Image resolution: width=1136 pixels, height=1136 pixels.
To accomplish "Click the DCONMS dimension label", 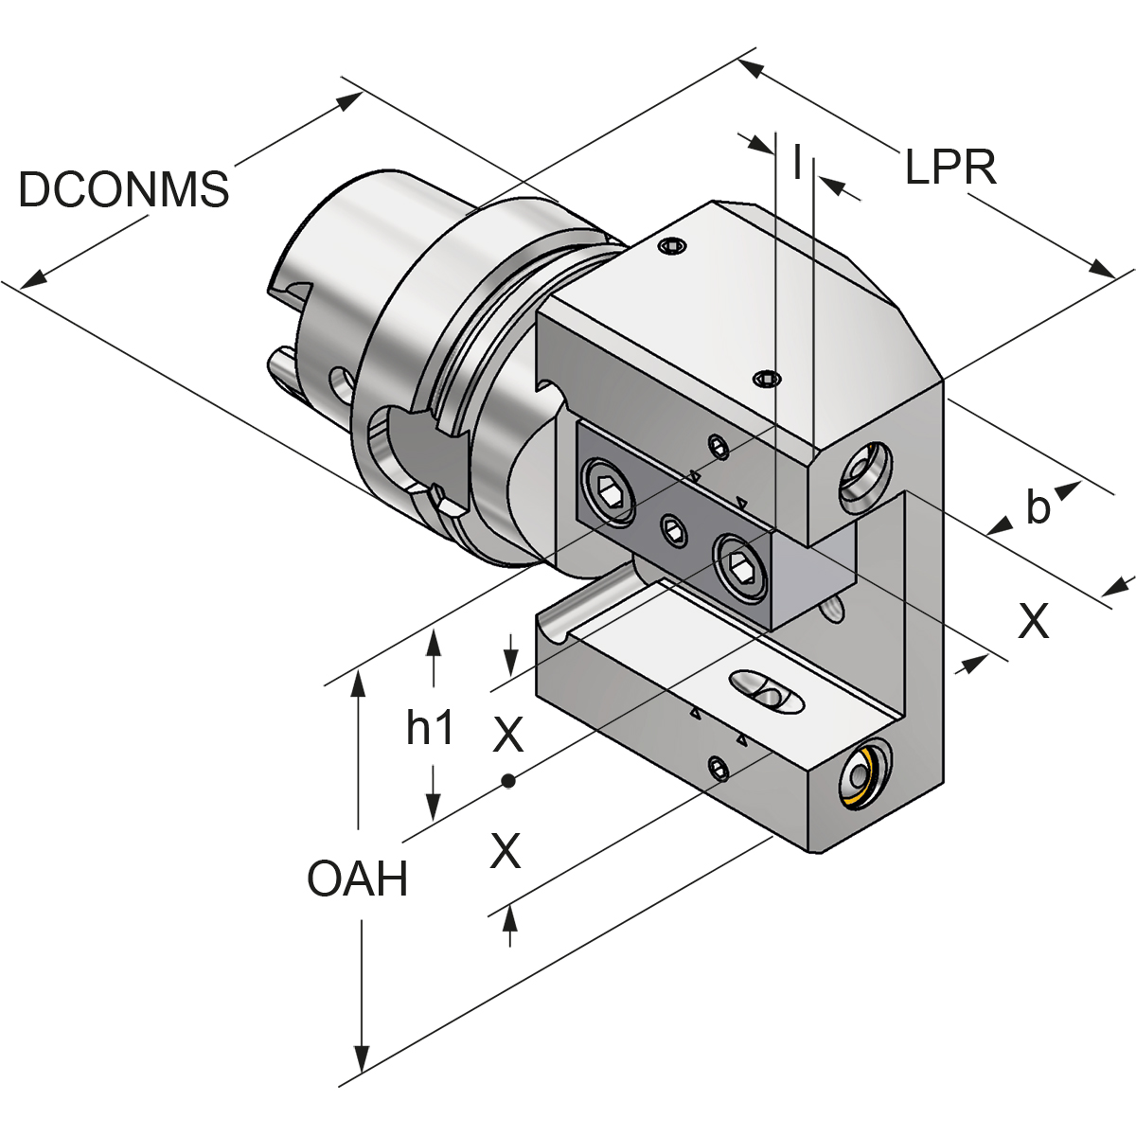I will pos(123,190).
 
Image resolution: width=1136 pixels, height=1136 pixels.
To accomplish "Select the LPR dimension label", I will pos(950,169).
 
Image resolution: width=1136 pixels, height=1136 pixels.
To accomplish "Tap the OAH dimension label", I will pos(357,879).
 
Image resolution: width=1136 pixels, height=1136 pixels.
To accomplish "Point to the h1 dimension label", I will pos(431,728).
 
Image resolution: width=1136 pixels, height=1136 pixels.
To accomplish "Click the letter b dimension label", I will pos(1038,509).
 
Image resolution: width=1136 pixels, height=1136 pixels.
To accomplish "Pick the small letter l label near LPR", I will pos(797,162).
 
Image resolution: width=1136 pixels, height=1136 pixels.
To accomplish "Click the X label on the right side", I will pos(1033,622).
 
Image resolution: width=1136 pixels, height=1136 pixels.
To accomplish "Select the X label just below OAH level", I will pos(506,850).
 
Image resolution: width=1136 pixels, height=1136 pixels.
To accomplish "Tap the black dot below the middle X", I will pos(508,780).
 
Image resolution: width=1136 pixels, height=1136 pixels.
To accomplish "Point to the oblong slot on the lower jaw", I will pos(766,692).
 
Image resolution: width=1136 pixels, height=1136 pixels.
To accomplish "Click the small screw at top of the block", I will pos(671,247).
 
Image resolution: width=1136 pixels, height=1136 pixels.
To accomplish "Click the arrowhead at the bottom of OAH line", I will pos(361,1061).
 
